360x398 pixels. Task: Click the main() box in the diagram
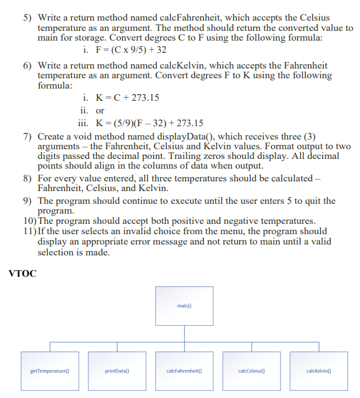(x=184, y=306)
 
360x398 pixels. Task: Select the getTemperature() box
(x=50, y=370)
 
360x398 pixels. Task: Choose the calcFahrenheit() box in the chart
(x=184, y=370)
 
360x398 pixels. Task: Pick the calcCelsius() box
(x=252, y=370)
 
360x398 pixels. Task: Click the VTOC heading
(x=23, y=274)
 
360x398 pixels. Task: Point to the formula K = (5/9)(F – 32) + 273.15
(x=146, y=122)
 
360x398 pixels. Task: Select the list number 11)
(x=29, y=231)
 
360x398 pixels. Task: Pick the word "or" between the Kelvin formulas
(x=100, y=110)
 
